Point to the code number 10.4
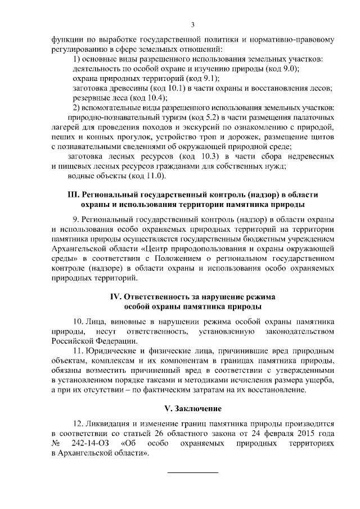(x=127, y=98)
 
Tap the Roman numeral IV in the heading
(x=115, y=296)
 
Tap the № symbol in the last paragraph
(x=56, y=445)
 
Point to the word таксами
(x=193, y=380)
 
